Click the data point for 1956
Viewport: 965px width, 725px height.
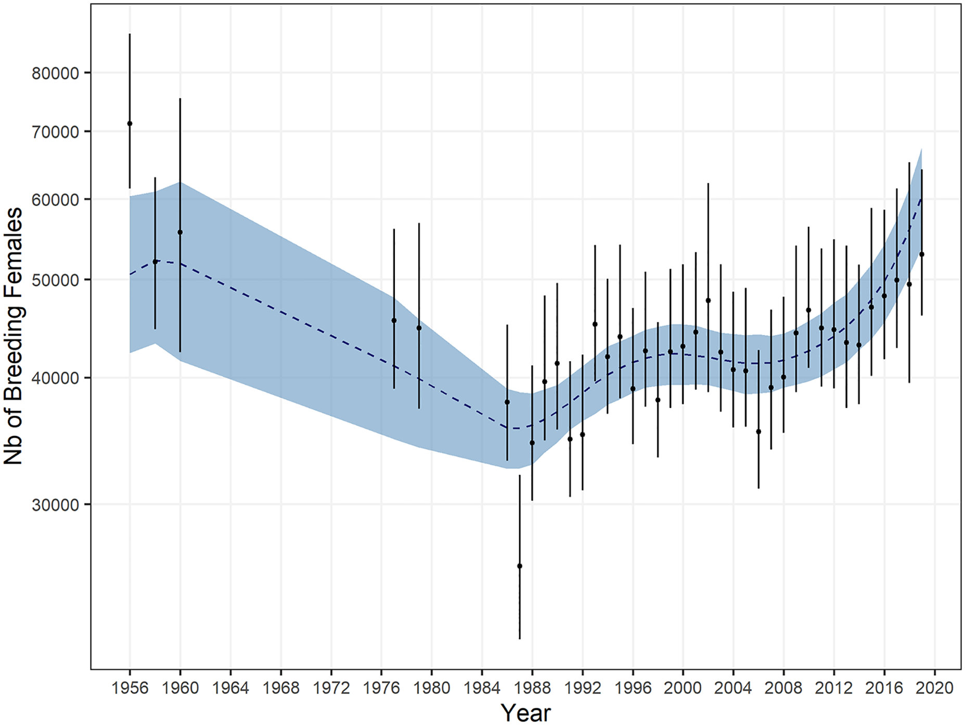point(130,123)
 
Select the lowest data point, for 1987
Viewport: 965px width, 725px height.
point(519,566)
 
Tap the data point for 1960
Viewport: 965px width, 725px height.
point(180,232)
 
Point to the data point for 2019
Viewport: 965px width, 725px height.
point(922,254)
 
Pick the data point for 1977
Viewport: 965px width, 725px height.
point(394,321)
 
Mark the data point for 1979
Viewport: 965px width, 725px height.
point(419,328)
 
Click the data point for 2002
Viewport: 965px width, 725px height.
point(708,300)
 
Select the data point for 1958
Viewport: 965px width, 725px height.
point(155,262)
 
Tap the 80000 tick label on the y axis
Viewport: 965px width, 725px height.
point(55,73)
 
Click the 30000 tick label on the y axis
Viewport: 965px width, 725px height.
point(55,505)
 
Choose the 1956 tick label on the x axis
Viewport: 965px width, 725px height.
point(130,688)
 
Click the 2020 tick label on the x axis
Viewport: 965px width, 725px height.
point(935,688)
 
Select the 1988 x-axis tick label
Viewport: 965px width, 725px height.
point(532,688)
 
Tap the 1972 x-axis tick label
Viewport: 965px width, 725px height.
point(331,688)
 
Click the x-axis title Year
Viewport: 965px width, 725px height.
point(525,713)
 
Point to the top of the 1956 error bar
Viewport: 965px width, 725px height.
point(130,34)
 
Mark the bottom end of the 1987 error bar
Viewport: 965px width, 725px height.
point(519,638)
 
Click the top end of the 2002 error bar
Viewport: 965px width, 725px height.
point(708,184)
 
